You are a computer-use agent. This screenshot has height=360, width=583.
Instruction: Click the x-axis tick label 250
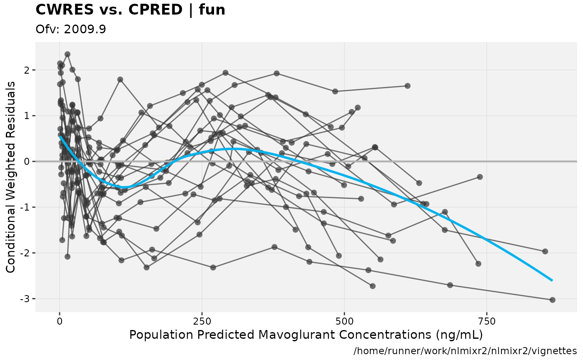[x=202, y=322]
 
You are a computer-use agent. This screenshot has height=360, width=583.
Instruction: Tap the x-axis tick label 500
[x=344, y=322]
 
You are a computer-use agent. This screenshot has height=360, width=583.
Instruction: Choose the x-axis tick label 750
[x=486, y=322]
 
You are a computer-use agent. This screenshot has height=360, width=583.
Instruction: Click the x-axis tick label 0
[x=60, y=322]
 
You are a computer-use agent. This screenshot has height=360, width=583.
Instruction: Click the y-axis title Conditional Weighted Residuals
[x=11, y=177]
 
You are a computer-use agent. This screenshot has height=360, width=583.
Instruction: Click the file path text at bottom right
[x=465, y=351]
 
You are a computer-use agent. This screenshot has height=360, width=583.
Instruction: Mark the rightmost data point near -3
[x=552, y=300]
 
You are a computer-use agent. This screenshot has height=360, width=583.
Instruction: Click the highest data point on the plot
[x=67, y=54]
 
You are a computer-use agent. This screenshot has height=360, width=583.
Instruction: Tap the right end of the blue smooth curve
[x=552, y=281]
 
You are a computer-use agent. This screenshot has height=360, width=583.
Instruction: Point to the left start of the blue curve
[x=60, y=136]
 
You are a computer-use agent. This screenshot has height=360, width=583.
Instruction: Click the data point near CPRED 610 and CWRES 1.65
[x=407, y=86]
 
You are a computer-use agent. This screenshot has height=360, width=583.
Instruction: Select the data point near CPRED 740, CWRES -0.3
[x=480, y=177]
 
